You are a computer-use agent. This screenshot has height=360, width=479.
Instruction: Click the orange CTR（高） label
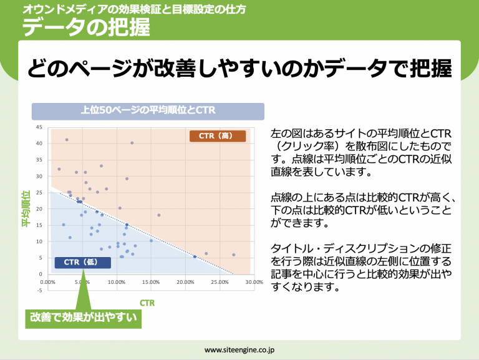218,136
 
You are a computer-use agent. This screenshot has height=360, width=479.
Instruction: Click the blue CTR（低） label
83,263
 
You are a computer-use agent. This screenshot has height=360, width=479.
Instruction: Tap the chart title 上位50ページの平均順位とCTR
148,111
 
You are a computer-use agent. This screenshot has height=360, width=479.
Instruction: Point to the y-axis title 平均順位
26,209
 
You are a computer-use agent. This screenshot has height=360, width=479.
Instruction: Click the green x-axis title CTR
147,303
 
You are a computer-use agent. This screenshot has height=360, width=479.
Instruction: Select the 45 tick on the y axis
39,127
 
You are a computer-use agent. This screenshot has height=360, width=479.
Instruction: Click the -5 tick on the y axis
40,290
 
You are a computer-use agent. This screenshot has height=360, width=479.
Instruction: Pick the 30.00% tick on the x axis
254,282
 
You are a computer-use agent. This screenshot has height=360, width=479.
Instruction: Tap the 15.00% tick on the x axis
151,282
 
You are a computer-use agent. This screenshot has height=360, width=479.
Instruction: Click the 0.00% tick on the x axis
47,282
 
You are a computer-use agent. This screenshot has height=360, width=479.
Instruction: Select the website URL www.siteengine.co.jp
239,350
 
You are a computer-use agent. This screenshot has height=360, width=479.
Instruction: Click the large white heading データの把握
86,27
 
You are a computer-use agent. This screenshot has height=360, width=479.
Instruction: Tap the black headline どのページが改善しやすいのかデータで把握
239,69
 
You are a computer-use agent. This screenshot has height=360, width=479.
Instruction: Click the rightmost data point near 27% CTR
234,255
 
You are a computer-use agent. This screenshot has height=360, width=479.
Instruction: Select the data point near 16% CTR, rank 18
159,215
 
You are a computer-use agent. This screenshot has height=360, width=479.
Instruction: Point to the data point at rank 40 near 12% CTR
132,143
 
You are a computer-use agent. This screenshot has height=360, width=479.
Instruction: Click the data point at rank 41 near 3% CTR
67,140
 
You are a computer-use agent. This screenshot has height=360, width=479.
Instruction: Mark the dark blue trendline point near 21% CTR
195,256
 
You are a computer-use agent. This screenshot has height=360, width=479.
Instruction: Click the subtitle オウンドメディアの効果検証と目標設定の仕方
135,9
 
